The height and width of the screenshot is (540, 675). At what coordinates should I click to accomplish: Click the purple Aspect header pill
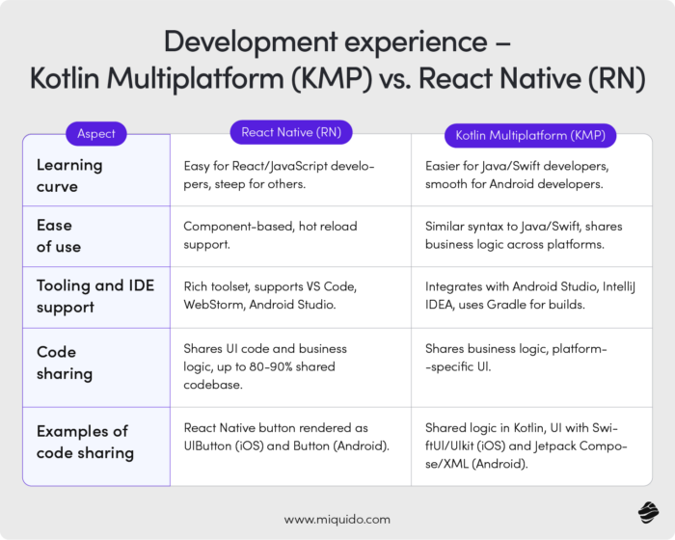coord(96,133)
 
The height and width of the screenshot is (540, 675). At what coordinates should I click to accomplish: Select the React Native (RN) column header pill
coord(291,132)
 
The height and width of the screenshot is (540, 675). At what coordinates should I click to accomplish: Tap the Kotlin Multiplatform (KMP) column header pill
coord(529,134)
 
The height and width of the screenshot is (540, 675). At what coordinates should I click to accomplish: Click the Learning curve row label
coord(69,175)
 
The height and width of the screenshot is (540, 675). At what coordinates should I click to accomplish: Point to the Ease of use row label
coord(59,235)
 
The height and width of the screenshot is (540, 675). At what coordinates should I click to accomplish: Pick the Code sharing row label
coord(65,362)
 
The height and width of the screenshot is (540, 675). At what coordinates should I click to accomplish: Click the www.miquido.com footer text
coord(337,519)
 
